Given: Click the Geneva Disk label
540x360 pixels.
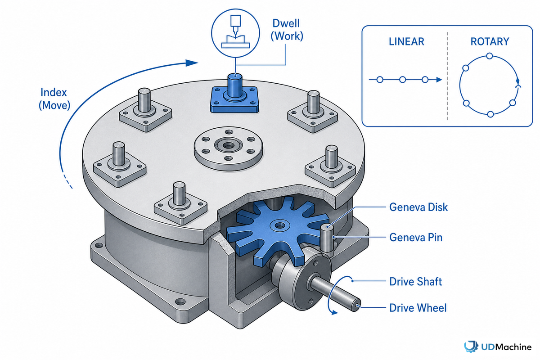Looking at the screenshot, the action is [418, 207].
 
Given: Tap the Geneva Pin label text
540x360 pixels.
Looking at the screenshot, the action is [416, 238].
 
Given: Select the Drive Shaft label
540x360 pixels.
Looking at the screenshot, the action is [416, 282].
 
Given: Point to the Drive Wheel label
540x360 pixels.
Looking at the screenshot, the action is [418, 308].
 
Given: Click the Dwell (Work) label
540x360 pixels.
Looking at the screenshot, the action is [287, 30].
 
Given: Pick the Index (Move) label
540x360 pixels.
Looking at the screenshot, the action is [54, 99].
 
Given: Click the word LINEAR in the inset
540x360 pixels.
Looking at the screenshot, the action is [406, 41].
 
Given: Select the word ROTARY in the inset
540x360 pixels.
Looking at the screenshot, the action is [490, 41].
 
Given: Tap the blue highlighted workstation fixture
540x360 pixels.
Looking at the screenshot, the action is [234, 96].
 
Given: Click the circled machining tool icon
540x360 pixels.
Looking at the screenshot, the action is [235, 33].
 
